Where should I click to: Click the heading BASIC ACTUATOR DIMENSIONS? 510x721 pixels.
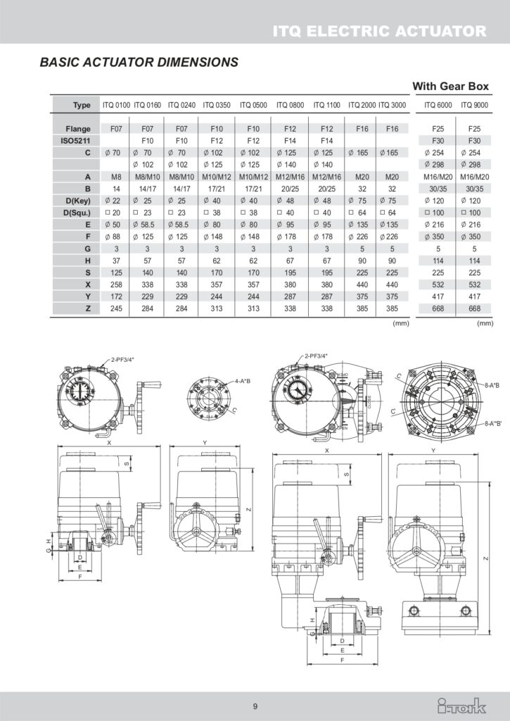139,62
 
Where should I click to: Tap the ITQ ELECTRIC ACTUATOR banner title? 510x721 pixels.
380,30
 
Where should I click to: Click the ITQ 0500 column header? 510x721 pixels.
253,106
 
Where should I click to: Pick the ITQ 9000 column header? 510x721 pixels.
474,106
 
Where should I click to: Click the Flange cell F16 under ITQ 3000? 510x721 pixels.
392,130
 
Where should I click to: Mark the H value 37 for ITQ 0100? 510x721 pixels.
117,261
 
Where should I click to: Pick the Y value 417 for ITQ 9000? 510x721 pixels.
474,296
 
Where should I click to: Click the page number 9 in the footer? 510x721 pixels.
255,706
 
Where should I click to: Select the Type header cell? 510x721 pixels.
82,106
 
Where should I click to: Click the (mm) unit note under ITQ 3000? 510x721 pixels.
400,324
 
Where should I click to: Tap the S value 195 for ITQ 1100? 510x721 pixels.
326,273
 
